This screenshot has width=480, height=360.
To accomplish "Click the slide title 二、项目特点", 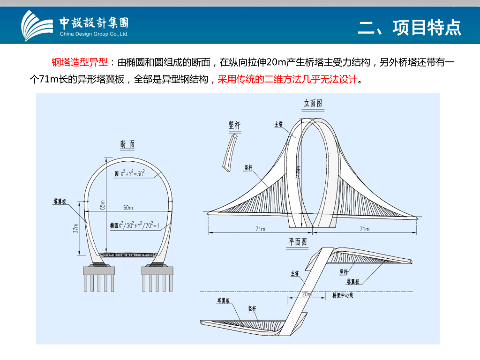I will tap(410, 28).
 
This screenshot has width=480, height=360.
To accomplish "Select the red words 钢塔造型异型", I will tap(80, 63).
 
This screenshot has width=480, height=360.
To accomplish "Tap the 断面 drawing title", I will tap(127, 145).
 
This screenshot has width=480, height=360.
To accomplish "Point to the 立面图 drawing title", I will tap(313, 103).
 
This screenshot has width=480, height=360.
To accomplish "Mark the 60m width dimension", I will tap(128, 207).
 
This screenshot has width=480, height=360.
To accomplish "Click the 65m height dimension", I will tap(103, 205).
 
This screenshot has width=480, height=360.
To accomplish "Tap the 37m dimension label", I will tap(75, 228).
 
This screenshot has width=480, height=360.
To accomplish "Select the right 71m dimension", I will tap(364, 229).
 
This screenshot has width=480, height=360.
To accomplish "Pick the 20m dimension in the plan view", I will tap(307, 294).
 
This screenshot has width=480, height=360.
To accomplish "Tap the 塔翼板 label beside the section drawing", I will tap(60, 202).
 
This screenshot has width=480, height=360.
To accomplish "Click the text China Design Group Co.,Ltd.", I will tap(94, 34).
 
